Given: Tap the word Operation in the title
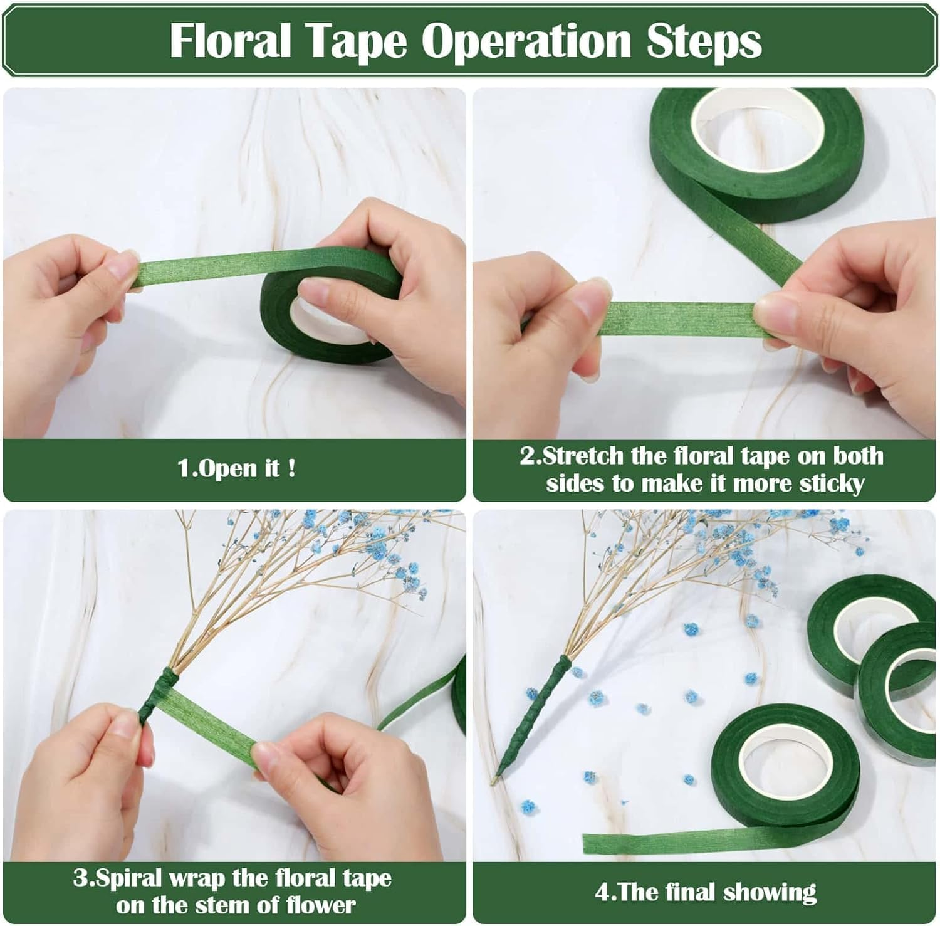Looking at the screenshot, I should pyautogui.click(x=525, y=41).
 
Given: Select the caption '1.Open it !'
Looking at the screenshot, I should pyautogui.click(x=236, y=468).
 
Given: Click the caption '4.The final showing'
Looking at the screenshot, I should pyautogui.click(x=705, y=892).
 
